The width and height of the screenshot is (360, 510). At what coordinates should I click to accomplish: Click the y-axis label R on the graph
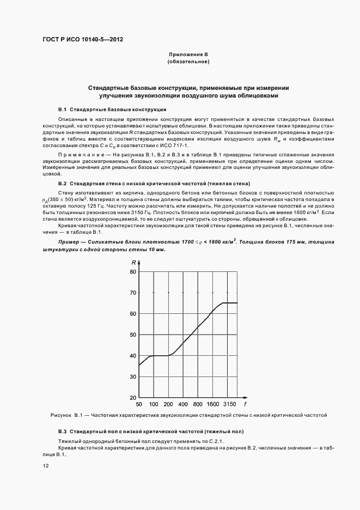133,263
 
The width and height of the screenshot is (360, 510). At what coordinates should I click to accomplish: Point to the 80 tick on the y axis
132,271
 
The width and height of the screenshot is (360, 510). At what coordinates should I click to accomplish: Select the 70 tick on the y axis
132,293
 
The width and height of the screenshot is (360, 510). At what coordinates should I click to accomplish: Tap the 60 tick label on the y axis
132,314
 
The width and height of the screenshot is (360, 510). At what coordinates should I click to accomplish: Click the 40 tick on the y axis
132,356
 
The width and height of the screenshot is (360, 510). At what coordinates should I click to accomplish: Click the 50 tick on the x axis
139,405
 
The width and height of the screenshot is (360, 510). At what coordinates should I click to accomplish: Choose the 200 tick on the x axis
168,405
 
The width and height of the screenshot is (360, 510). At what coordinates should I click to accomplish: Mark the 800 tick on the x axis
198,405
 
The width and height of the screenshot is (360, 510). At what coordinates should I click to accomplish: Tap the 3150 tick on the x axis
229,405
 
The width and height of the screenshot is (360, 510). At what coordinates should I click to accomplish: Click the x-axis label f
245,405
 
